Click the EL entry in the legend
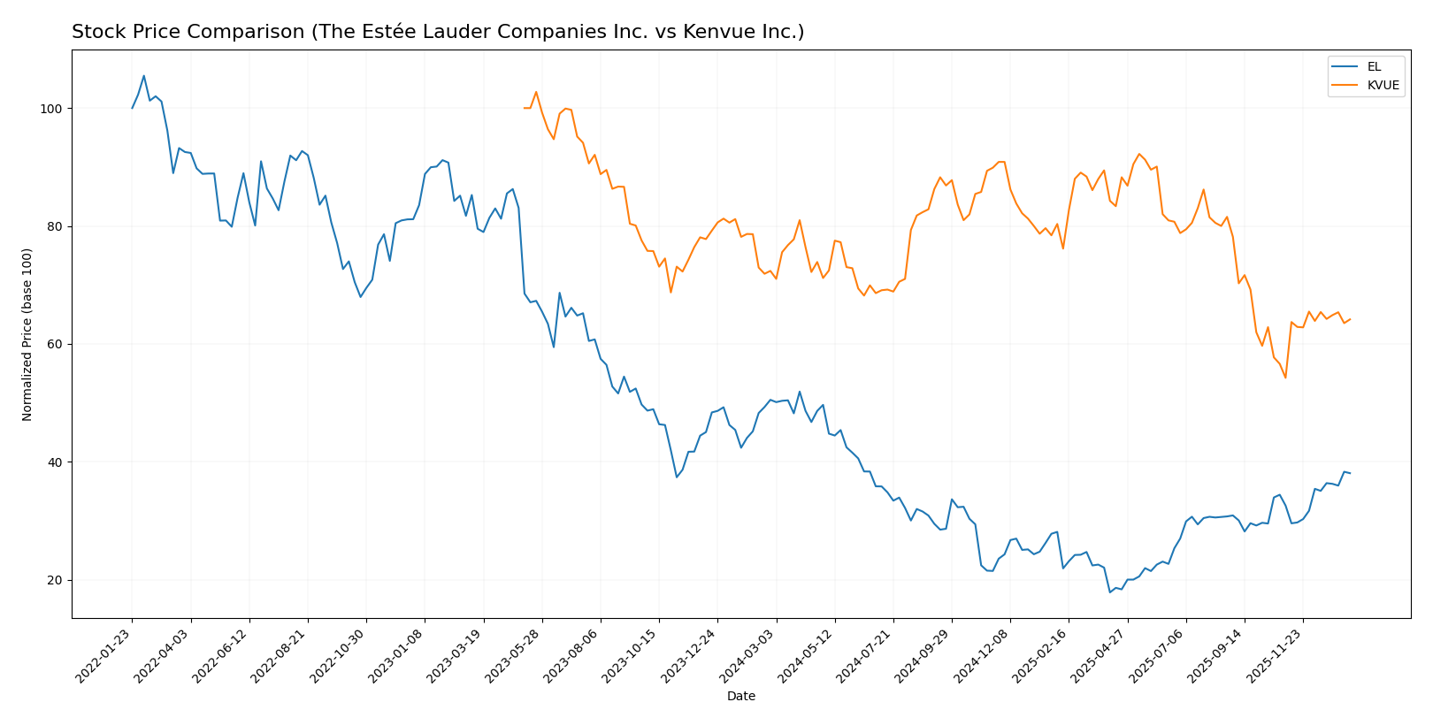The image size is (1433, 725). pyautogui.click(x=1373, y=67)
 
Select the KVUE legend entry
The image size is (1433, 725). pyautogui.click(x=1383, y=86)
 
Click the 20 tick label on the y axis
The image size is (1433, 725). pyautogui.click(x=56, y=581)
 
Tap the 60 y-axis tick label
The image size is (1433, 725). pyautogui.click(x=56, y=345)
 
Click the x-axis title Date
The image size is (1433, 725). pyautogui.click(x=740, y=697)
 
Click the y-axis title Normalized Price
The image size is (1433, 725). pyautogui.click(x=27, y=334)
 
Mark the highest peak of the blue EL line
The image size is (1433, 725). pyautogui.click(x=144, y=76)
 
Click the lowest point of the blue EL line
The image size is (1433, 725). pyautogui.click(x=1110, y=592)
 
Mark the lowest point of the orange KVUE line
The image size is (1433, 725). pyautogui.click(x=1285, y=378)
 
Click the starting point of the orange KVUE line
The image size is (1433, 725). pyautogui.click(x=525, y=108)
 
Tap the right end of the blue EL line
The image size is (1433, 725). pyautogui.click(x=1350, y=473)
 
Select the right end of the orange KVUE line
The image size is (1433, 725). pyautogui.click(x=1350, y=319)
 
